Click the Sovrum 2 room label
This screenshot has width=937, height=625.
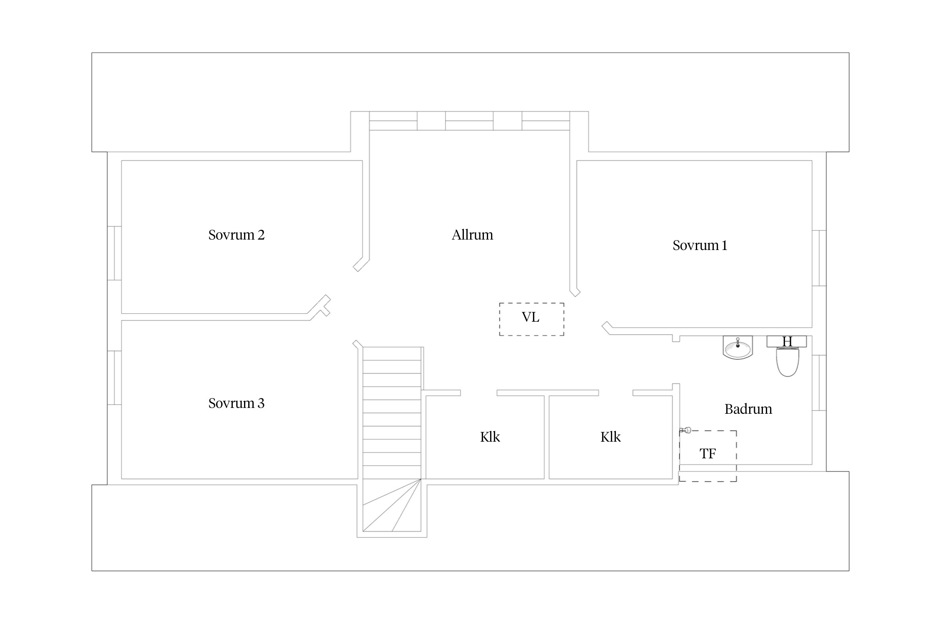236,235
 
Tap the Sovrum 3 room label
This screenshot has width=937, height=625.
236,403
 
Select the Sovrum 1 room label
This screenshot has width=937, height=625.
700,245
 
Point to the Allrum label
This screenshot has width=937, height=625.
472,235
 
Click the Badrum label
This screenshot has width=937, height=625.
748,409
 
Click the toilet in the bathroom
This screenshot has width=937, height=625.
787,362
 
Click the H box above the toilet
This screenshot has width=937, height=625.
787,342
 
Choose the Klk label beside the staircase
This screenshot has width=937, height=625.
490,437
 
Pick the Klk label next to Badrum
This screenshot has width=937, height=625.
611,437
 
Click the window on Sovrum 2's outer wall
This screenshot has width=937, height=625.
115,253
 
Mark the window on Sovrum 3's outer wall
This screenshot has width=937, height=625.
115,378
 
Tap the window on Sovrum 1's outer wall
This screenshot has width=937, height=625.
819,258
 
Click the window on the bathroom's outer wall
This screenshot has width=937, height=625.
819,383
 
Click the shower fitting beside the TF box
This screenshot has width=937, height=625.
685,430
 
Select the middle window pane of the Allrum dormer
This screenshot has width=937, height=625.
469,121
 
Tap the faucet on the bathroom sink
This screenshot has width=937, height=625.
738,343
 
